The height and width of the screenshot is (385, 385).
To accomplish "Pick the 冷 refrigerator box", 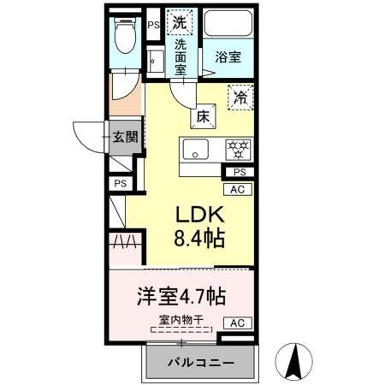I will (x=241, y=98).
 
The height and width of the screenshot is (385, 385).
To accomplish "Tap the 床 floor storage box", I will (x=204, y=116).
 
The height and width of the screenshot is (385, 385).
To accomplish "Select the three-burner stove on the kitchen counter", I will (x=236, y=151).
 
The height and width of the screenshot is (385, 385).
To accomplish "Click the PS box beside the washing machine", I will (x=154, y=26).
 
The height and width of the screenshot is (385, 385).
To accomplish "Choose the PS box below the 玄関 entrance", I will (x=121, y=183).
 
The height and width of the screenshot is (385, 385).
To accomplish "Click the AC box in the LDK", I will (x=239, y=190).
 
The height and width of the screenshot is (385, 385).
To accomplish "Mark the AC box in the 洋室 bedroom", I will (x=239, y=323).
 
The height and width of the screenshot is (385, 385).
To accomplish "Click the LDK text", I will (x=201, y=216).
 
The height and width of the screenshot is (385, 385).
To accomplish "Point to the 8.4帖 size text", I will (x=201, y=239).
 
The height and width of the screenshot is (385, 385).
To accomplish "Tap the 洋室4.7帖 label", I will (x=182, y=297).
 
